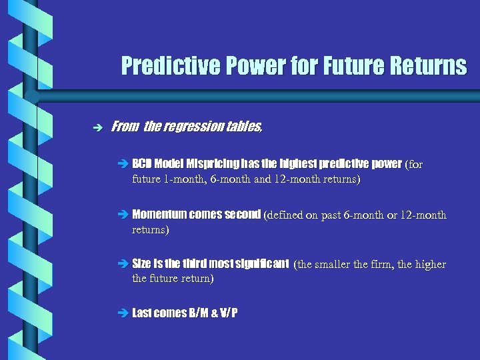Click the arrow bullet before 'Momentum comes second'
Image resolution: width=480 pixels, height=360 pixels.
click(x=125, y=215)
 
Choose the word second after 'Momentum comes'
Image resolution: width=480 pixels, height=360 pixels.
click(x=242, y=215)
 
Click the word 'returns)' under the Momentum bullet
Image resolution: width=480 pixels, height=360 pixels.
click(x=151, y=229)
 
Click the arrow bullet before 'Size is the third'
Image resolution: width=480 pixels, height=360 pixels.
click(x=125, y=265)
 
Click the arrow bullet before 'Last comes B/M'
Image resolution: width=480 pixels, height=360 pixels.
click(x=125, y=313)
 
